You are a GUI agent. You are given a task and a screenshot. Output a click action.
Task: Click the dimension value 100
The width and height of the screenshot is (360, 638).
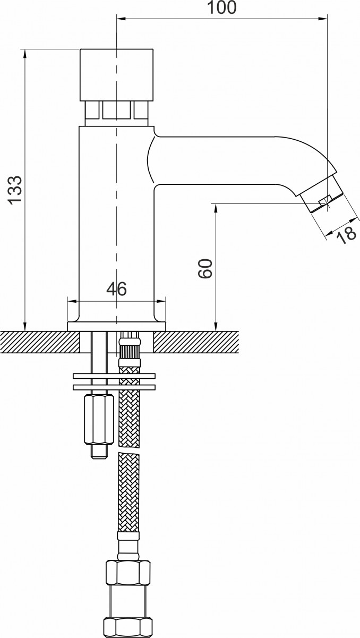[221, 7]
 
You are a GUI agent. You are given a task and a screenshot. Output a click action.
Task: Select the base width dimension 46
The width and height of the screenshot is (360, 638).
[116, 289]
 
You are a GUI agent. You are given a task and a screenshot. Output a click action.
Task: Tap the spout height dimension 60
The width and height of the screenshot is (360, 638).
[205, 268]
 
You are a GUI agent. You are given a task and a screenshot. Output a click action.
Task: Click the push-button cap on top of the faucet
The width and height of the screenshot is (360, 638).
[116, 75]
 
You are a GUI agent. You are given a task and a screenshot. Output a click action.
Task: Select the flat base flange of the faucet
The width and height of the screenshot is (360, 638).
[116, 326]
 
